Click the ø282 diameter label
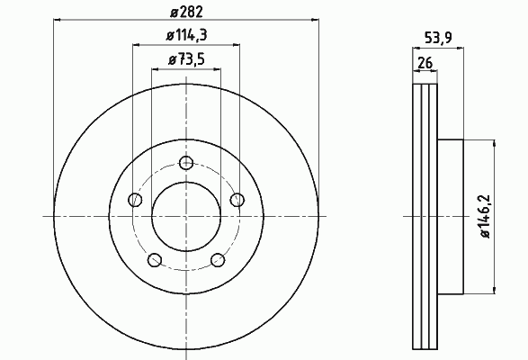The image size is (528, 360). (x=186, y=12)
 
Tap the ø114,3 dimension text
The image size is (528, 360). (x=186, y=35)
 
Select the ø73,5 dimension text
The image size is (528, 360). (x=186, y=59)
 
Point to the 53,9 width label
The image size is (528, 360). (x=438, y=38)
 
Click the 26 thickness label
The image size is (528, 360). (x=425, y=63)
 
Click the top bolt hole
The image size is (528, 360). (x=186, y=163)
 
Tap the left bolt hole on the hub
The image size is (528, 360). (x=135, y=200)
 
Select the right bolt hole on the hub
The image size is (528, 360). (x=237, y=200)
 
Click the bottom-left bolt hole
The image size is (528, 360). (x=155, y=260)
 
